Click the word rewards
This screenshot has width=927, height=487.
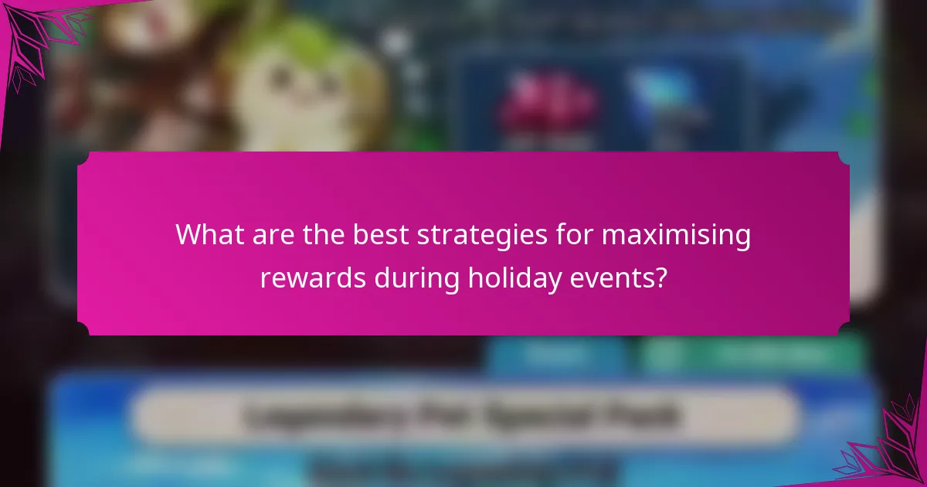tap(313, 278)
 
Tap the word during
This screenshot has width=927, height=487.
tap(416, 278)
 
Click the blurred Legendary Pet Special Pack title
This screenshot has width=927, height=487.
tap(463, 415)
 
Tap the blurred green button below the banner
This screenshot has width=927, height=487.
tap(749, 354)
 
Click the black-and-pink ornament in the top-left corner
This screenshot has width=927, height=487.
tap(31, 39)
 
